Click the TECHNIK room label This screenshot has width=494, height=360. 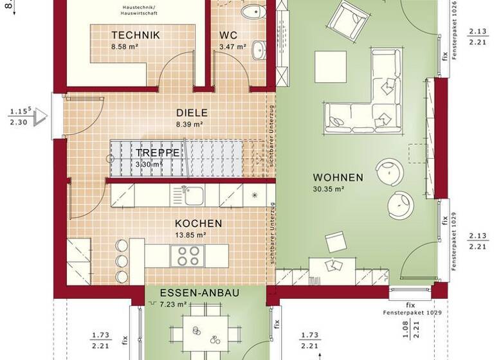tap(135, 35)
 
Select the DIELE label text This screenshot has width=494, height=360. tap(190, 111)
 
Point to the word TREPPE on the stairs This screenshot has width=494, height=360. tap(158, 153)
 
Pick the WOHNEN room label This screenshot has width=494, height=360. tap(338, 177)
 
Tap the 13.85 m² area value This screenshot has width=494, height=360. tap(191, 235)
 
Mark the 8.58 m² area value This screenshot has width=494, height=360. tap(126, 47)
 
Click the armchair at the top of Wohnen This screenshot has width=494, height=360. tap(348, 19)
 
